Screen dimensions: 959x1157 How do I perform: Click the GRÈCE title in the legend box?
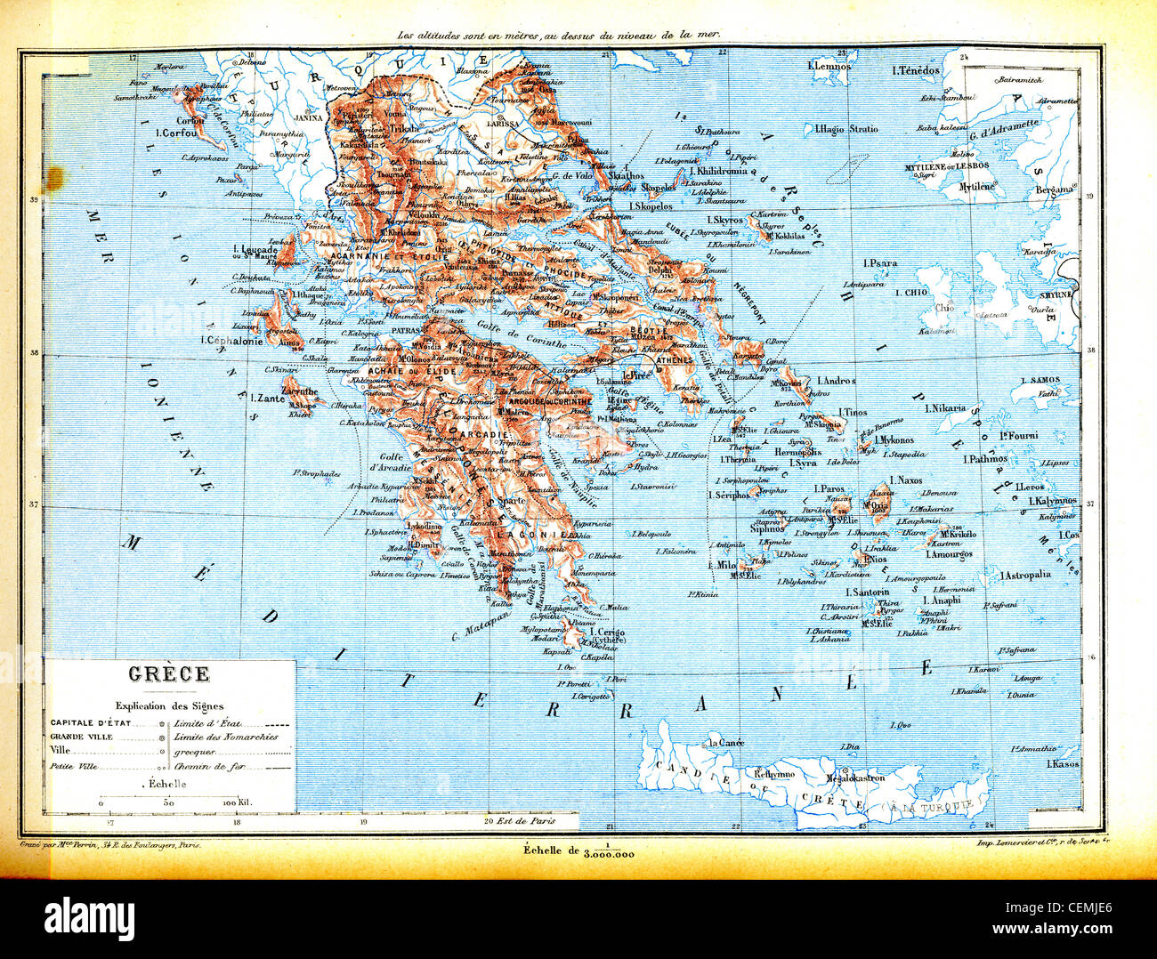[169, 674]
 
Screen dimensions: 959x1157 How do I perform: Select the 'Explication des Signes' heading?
[169, 705]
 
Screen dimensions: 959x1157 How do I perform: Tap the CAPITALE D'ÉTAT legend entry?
[90, 722]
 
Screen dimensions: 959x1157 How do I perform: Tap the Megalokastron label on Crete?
[856, 778]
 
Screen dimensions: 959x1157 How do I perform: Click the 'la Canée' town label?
[725, 742]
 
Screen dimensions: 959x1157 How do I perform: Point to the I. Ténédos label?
[916, 70]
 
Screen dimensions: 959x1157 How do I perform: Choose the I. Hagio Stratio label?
[846, 129]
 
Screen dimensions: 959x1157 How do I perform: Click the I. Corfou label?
[174, 133]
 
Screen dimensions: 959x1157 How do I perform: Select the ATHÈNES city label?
[674, 360]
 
